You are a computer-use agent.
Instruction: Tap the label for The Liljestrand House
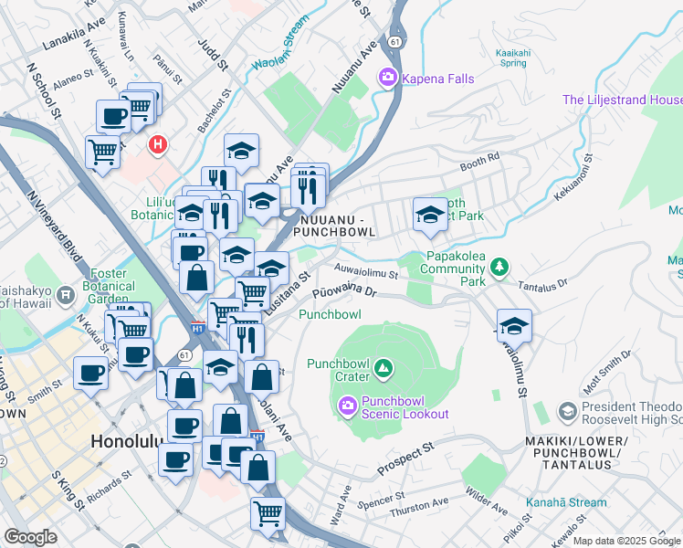click(x=622, y=100)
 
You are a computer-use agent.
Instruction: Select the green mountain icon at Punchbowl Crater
click(x=384, y=369)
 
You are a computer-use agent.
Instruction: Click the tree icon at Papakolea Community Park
click(x=499, y=267)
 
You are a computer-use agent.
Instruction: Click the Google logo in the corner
click(x=30, y=536)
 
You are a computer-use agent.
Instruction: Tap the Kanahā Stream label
click(x=565, y=502)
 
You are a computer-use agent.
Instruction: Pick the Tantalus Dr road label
click(x=542, y=285)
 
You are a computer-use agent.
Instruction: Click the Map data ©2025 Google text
click(x=625, y=541)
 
